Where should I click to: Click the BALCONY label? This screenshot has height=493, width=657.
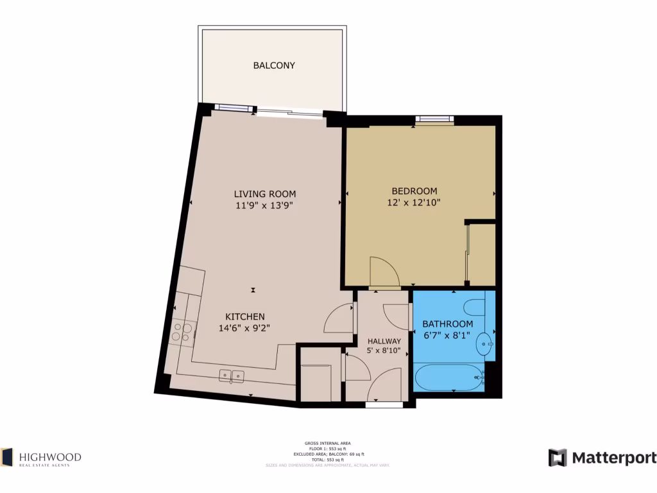coord(274,65)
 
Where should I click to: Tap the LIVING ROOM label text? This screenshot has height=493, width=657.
coord(265,194)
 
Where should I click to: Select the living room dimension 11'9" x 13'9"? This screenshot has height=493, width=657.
coord(265,206)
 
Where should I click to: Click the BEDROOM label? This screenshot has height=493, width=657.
coord(414,191)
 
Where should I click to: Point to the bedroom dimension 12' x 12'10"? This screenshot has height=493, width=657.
coord(414,202)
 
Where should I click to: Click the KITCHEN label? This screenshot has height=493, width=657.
coord(244,316)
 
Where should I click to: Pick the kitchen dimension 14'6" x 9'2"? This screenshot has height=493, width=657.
coord(244,328)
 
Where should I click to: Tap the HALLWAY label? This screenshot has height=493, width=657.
coord(384,341)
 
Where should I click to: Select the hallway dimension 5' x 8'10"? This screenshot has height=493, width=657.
coord(384,350)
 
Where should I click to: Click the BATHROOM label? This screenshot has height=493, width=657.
coord(448,324)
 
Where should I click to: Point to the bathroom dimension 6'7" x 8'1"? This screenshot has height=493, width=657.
coord(448,335)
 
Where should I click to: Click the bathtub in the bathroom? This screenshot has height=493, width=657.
coord(449,377)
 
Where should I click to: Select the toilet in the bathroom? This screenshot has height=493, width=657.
coord(475,307)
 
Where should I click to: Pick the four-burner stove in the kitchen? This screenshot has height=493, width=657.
coord(181,331)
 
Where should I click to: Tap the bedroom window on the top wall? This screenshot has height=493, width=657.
coord(434,119)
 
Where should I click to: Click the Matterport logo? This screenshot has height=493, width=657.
coord(602,458)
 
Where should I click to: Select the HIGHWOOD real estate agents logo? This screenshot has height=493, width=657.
coord(42,458)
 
